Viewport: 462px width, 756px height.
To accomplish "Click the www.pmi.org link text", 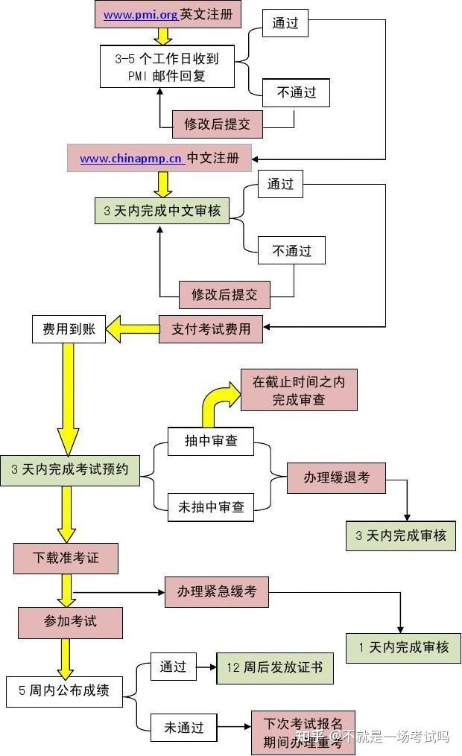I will point(140,14).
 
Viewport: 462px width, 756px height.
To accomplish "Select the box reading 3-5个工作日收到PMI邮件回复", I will point(167,66).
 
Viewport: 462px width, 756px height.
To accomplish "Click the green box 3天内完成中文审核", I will point(162,210).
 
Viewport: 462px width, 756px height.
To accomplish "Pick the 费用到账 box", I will point(69,328).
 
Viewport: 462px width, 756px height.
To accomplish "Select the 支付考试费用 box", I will point(211,328).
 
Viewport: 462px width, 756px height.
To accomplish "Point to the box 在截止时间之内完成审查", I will point(298,390).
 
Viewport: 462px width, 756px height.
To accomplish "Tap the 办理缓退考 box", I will point(336,477).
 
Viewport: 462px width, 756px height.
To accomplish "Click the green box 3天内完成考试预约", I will point(69,470).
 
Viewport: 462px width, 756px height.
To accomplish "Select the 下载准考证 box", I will point(66,558).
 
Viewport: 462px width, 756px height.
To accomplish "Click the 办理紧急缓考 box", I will point(216,591).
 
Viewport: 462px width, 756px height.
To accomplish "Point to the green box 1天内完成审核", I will point(403,647).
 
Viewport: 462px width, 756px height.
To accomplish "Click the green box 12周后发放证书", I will point(274,667).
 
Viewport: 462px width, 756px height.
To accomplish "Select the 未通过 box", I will point(183,728).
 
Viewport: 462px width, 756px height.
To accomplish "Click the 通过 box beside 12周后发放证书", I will point(173,667).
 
